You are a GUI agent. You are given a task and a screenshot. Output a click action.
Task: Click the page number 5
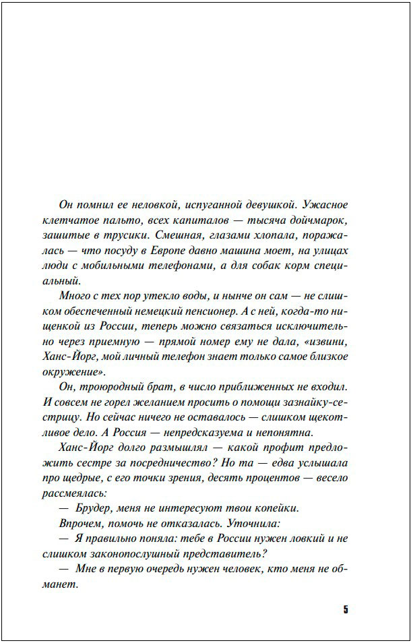346,610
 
